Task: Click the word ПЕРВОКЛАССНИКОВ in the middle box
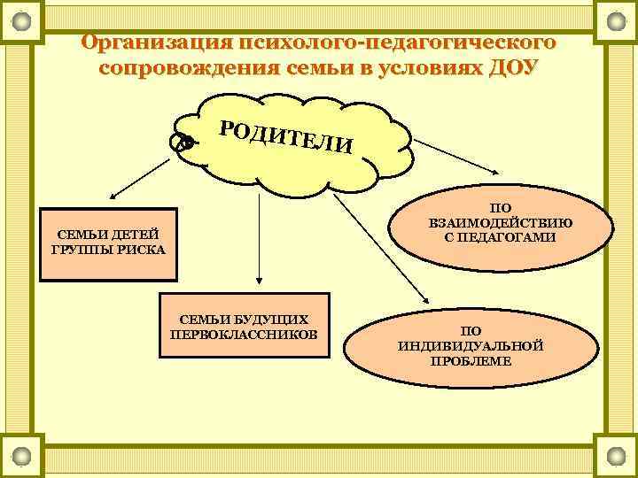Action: (244, 334)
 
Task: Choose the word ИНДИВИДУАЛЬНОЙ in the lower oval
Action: (471, 345)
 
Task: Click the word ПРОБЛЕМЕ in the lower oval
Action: (471, 360)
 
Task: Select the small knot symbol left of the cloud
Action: (184, 142)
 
